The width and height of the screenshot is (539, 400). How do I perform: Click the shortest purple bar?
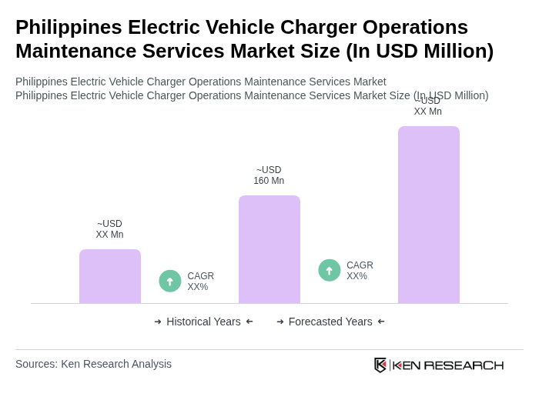[x=110, y=276]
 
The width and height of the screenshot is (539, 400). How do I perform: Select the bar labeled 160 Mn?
[x=269, y=249]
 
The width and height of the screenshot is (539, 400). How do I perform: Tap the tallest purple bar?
[x=429, y=215]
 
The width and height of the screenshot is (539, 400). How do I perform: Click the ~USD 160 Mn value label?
[x=269, y=175]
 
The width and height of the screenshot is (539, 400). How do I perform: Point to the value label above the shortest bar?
[x=109, y=229]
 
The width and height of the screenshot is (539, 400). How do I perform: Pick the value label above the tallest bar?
[x=428, y=107]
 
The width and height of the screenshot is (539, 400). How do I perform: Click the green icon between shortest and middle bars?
[x=170, y=281]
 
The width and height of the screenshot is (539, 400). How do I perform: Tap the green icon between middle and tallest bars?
[x=330, y=270]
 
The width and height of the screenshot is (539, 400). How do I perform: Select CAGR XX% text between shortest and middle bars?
[x=200, y=282]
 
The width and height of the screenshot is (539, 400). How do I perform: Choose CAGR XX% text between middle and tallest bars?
[x=360, y=271]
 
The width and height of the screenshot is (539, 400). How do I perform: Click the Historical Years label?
[x=203, y=322]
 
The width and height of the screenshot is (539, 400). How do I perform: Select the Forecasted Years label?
[x=330, y=322]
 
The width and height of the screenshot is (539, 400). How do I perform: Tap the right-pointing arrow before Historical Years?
[x=158, y=322]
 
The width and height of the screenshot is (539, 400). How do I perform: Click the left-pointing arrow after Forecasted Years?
[x=381, y=322]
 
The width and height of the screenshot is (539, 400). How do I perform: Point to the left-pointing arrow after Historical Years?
[x=249, y=322]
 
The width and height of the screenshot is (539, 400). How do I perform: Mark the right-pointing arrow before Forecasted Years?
[x=280, y=322]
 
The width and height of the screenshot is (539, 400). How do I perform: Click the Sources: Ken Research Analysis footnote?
[x=93, y=364]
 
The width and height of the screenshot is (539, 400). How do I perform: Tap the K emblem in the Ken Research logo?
[x=380, y=365]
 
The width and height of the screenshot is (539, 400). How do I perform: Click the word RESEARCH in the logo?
[x=464, y=365]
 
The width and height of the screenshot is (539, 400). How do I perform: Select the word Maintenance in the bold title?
[x=74, y=51]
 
